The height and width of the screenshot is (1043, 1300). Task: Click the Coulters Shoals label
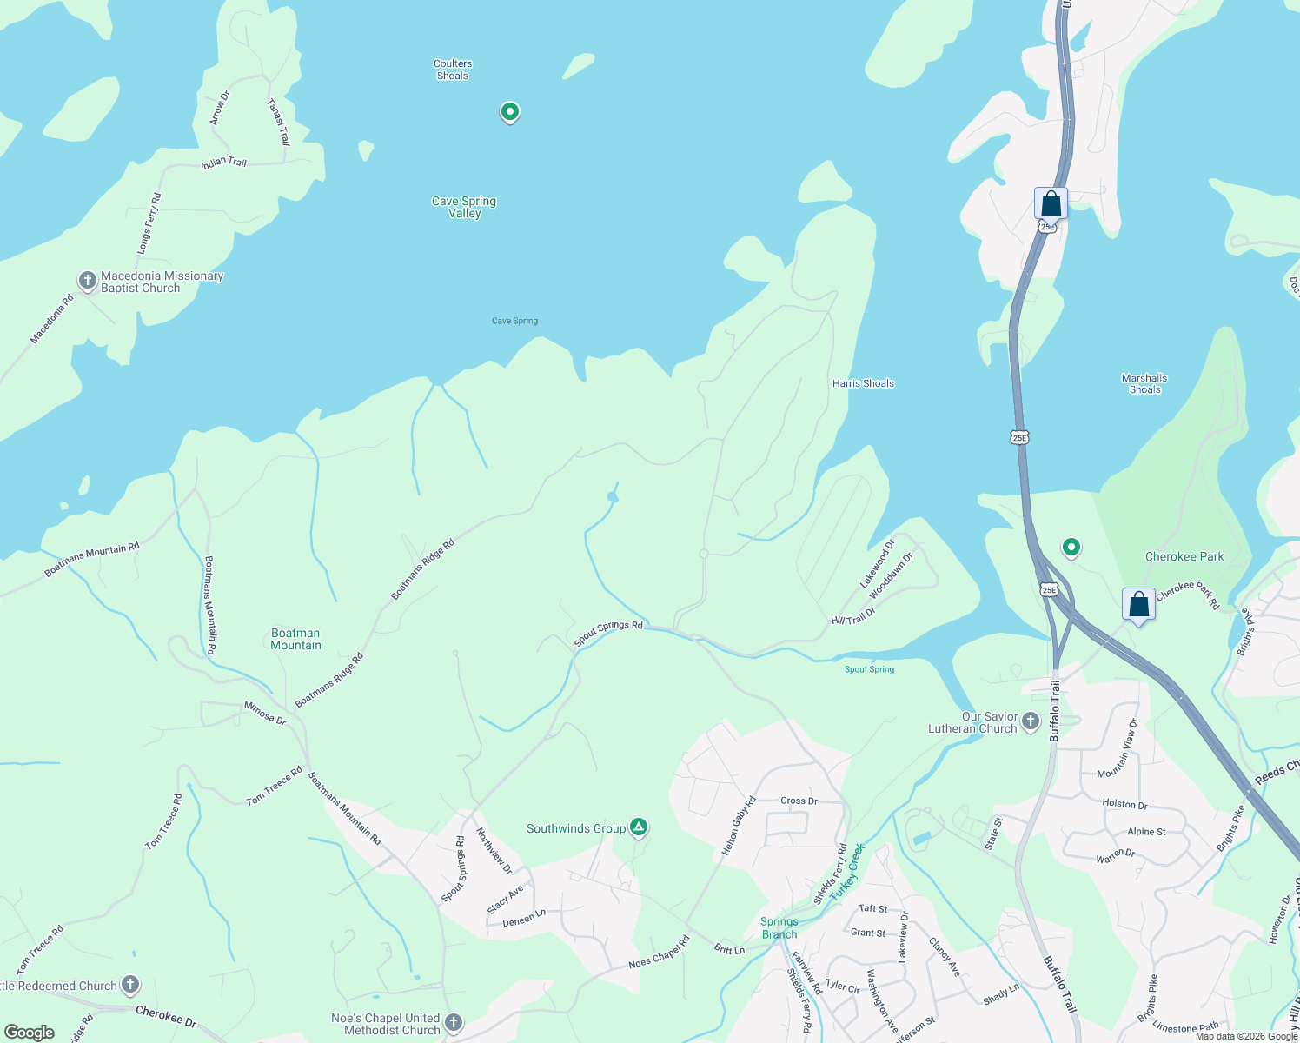coord(453,70)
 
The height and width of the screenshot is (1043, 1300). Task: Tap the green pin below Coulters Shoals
coord(510,112)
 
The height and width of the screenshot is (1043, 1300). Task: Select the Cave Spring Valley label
coord(464,207)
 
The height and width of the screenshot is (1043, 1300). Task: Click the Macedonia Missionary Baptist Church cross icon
coord(87,281)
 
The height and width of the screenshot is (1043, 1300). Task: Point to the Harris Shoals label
coord(863,383)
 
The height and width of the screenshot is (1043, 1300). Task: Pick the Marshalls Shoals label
coord(1144,383)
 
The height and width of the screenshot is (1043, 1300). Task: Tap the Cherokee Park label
coord(1184,556)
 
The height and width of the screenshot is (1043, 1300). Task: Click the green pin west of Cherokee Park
coord(1071,548)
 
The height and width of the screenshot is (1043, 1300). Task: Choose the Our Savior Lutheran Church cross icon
coord(1031,721)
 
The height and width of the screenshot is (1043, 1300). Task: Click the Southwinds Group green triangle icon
coord(639,827)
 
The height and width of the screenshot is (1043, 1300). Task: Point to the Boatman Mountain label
coord(295,639)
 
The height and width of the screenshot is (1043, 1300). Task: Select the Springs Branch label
coord(779,927)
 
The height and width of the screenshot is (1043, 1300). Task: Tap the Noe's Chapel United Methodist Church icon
coord(453,1023)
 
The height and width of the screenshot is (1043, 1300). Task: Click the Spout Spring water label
coord(869,669)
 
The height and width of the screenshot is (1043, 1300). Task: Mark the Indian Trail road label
coord(224,163)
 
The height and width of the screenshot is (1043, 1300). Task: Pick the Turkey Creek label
coord(847,872)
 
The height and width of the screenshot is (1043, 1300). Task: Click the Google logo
coord(30,1033)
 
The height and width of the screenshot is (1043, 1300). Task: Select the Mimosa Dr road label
coord(265,714)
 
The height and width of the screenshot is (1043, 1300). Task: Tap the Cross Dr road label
coord(799,801)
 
